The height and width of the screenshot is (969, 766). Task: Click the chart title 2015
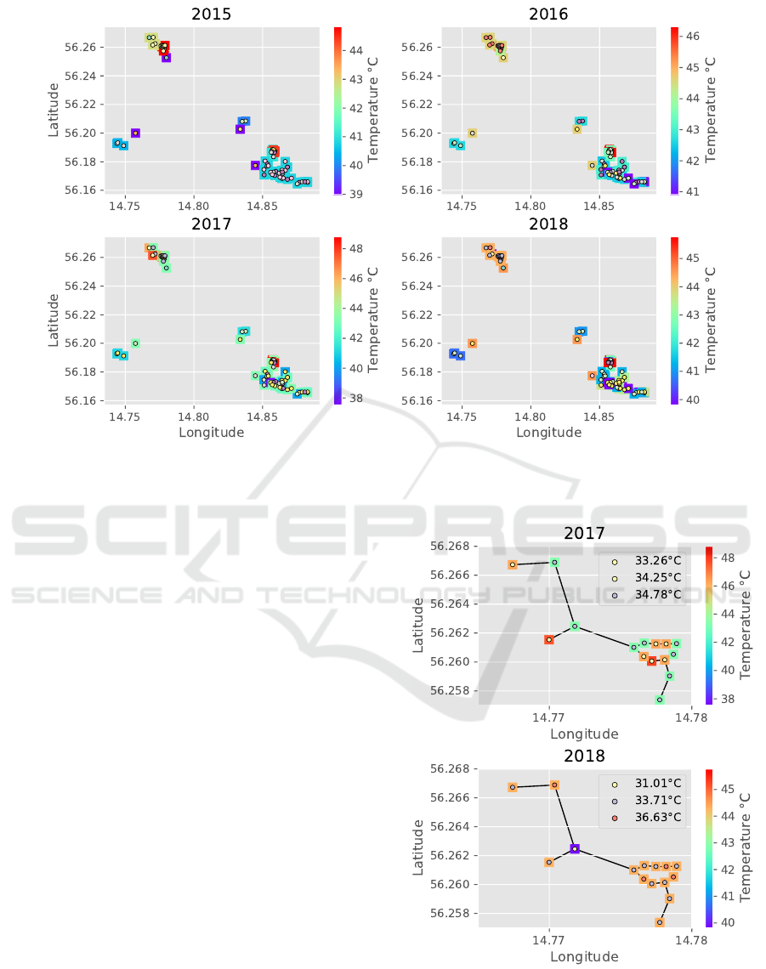click(x=211, y=14)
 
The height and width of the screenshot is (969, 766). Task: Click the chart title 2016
click(x=548, y=14)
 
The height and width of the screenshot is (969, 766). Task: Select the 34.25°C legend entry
click(x=650, y=578)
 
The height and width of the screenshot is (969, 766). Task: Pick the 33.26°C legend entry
click(x=650, y=562)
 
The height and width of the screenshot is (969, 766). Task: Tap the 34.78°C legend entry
click(x=650, y=594)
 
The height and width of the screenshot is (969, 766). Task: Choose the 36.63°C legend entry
click(x=650, y=817)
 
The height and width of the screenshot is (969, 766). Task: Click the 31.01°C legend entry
click(x=650, y=784)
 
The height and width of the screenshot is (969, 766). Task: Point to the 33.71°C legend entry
click(x=650, y=801)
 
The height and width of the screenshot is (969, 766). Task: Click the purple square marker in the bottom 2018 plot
click(x=575, y=849)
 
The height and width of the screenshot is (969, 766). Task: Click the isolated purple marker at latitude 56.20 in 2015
click(x=135, y=133)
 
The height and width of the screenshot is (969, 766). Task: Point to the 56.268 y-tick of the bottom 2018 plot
click(x=451, y=768)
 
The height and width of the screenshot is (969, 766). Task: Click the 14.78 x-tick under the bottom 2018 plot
click(x=691, y=940)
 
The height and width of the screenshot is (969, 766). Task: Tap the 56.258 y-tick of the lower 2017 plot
click(x=451, y=690)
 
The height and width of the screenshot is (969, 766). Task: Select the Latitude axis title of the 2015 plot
click(x=53, y=104)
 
